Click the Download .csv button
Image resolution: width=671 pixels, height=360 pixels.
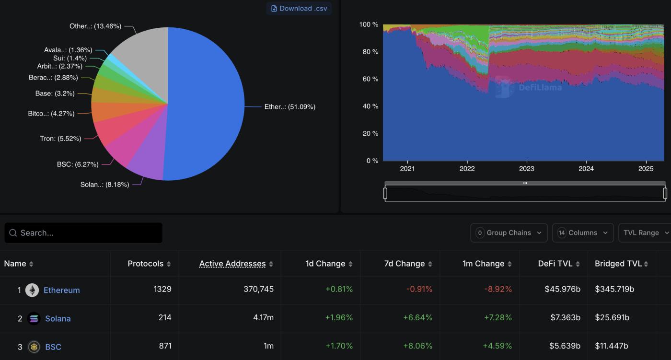299,8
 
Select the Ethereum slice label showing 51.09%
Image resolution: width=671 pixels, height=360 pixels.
289,107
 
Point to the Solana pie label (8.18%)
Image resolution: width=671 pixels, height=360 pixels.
104,185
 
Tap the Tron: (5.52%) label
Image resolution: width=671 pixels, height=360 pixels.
60,139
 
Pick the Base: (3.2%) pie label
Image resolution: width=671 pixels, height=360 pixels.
55,93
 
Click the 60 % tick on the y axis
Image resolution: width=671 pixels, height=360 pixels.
369,79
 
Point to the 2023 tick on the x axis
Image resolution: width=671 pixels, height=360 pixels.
526,168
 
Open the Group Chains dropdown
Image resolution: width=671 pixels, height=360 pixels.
509,233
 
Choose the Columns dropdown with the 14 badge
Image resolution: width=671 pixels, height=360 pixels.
583,233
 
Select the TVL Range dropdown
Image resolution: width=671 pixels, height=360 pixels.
645,233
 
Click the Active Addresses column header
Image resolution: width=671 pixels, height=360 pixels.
232,264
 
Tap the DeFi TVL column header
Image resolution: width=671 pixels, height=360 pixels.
555,264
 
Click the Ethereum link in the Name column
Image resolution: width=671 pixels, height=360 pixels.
61,290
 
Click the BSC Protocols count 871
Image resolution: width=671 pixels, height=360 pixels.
165,346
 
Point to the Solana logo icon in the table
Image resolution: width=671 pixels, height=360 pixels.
34,318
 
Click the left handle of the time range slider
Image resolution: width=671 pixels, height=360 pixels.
385,193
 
